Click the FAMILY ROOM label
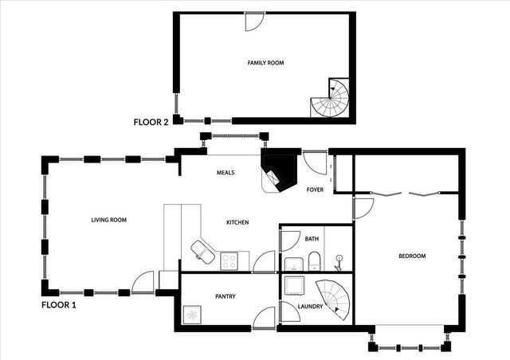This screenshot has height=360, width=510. coord(265,62)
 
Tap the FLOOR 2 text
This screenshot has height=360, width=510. coord(151,123)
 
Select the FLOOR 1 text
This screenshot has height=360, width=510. coord(59,304)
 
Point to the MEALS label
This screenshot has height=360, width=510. coord(226,172)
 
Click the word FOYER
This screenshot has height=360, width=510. coord(316,190)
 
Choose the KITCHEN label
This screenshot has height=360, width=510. coord(238,221)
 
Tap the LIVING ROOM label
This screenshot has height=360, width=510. coord(108,220)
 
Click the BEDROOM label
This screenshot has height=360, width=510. coord(412,256)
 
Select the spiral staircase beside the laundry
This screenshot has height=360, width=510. coord(333,299)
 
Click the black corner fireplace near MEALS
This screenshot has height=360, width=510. coord(279,169)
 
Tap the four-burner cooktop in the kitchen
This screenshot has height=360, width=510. coord(229,260)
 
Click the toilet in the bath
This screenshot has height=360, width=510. coord(314,259)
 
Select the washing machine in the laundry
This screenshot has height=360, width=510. coord(294,284)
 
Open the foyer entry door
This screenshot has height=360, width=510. coord(316,164)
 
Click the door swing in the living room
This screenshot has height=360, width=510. coord(143,281)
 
